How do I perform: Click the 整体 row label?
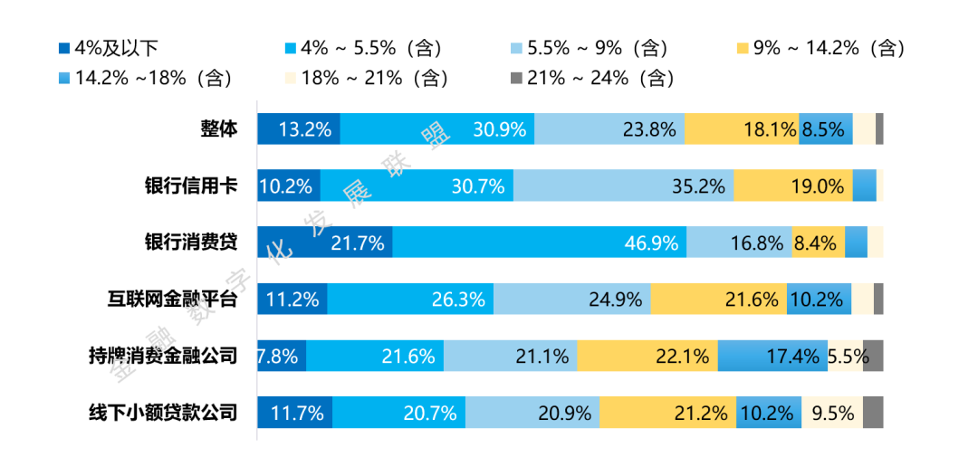219,129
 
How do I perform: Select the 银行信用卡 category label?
191,186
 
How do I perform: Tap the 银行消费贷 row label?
191,243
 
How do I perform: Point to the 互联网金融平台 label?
172,300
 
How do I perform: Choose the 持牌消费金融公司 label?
162,357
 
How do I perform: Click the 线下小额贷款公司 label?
162,414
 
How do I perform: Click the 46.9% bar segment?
540,243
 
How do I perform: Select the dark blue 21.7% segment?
325,243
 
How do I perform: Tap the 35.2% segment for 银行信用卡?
624,186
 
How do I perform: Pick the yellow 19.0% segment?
793,186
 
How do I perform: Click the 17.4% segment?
772,357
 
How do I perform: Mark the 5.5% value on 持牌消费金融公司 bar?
847,357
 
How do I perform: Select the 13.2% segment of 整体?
299,129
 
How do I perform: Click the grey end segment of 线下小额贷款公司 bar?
873,414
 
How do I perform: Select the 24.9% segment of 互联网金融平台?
572,300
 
